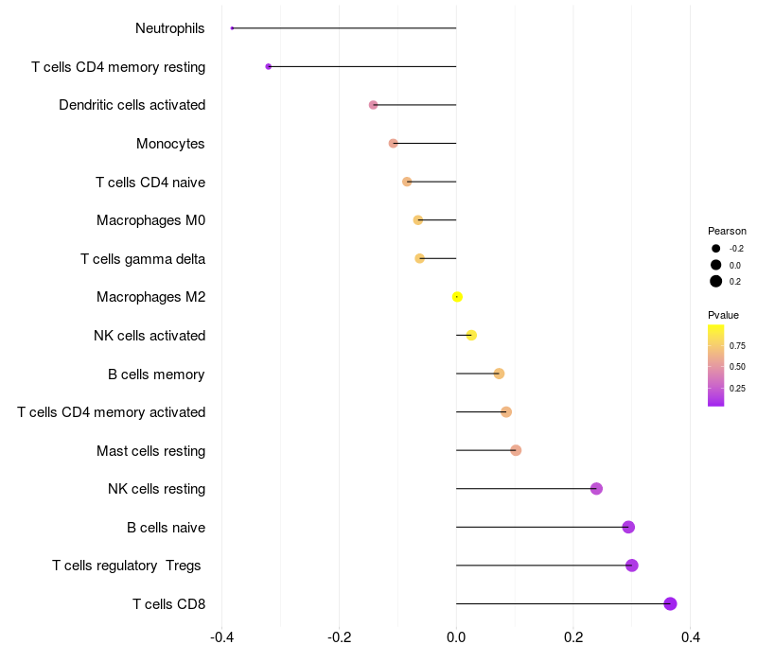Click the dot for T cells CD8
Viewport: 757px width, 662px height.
point(670,603)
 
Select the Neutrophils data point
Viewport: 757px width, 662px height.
point(232,28)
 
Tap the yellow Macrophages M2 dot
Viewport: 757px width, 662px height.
point(457,297)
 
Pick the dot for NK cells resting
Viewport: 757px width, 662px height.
point(596,489)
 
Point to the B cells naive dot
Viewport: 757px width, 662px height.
point(628,527)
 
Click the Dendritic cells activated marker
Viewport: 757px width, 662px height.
point(373,105)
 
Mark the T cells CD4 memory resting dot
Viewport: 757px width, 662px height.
point(269,66)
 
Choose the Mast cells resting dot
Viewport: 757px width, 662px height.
point(516,450)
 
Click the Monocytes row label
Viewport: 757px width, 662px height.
point(170,144)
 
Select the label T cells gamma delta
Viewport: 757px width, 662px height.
point(143,258)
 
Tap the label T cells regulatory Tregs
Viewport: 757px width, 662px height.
point(127,566)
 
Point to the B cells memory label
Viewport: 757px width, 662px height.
point(156,375)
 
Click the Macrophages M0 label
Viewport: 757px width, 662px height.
point(150,220)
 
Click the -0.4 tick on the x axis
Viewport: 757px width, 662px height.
point(221,638)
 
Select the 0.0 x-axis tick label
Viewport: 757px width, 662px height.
point(456,638)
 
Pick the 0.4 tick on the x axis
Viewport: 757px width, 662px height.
point(690,638)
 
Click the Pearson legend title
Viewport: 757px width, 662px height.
point(727,231)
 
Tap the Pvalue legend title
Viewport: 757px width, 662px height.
point(723,315)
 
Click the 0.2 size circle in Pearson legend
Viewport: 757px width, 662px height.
point(716,281)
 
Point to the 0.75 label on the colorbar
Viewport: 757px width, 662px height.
point(738,345)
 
